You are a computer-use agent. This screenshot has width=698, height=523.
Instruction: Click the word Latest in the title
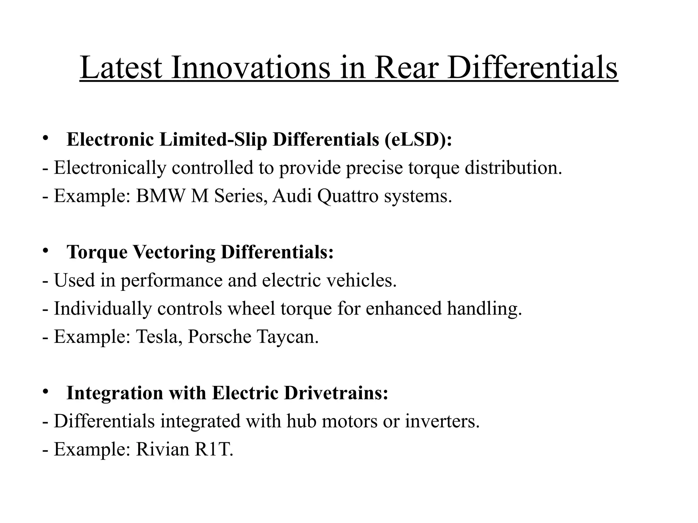pyautogui.click(x=121, y=68)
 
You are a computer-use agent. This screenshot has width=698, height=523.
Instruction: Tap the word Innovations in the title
pyautogui.click(x=251, y=68)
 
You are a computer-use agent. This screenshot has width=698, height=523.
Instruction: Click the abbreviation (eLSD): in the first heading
pyautogui.click(x=419, y=140)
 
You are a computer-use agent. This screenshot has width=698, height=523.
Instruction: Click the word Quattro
pyautogui.click(x=348, y=196)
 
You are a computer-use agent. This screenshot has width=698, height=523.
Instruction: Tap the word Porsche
pyautogui.click(x=219, y=336)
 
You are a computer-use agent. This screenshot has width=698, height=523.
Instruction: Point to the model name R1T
pyautogui.click(x=214, y=449)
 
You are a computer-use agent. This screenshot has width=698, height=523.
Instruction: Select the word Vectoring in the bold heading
pyautogui.click(x=174, y=252)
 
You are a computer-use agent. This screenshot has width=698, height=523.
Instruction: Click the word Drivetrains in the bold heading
pyautogui.click(x=336, y=393)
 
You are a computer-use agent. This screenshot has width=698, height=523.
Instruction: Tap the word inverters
pyautogui.click(x=442, y=421)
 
